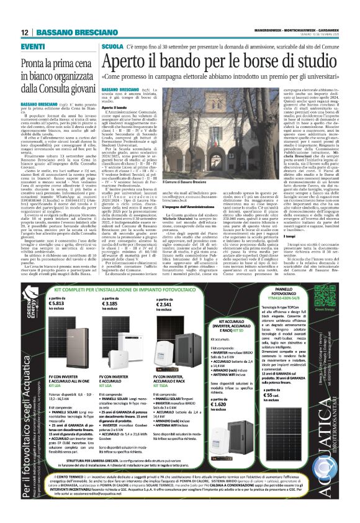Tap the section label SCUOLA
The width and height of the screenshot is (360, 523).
click(112, 47)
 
